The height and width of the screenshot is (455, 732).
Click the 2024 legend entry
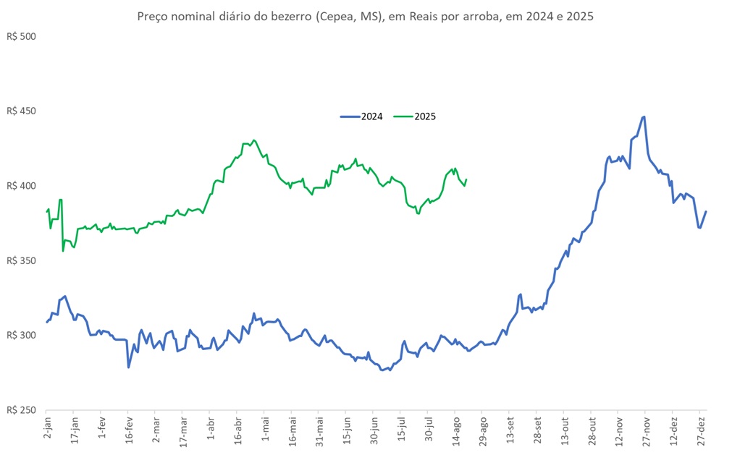(x=361, y=116)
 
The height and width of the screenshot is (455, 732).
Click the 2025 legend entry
(x=414, y=116)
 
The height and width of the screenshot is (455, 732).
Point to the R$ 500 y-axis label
(x=20, y=36)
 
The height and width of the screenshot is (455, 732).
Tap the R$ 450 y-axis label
(x=20, y=111)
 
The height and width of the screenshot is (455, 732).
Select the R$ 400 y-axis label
(x=20, y=186)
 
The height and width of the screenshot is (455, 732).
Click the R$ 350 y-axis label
(x=20, y=260)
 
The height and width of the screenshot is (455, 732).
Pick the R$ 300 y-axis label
(x=20, y=336)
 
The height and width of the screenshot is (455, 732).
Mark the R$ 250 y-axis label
(x=20, y=410)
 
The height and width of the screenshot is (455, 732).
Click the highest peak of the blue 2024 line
(x=644, y=116)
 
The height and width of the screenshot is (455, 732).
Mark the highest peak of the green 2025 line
(x=253, y=140)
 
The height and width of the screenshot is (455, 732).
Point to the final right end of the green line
(x=466, y=179)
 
